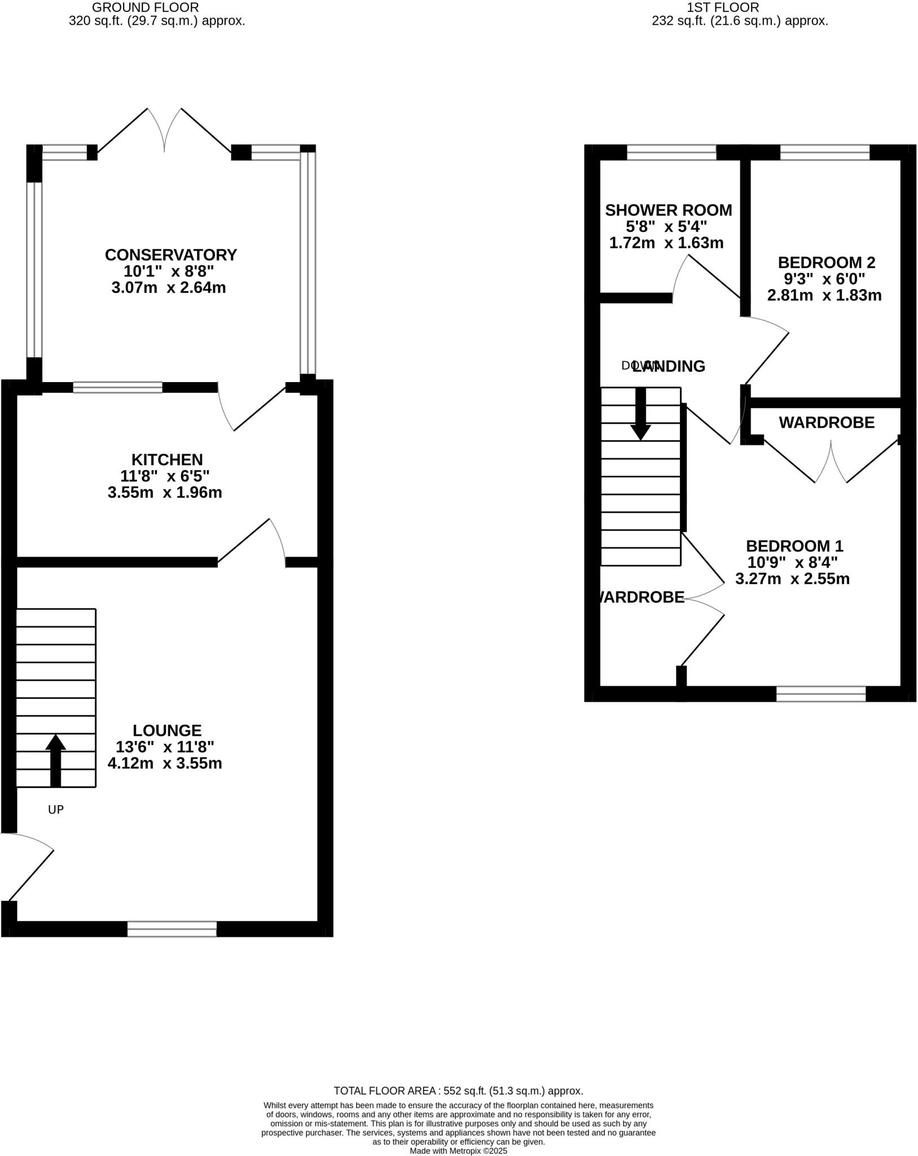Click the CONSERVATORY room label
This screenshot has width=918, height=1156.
tap(170, 255)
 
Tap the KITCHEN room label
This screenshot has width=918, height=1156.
tap(167, 459)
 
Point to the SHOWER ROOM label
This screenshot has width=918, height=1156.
tap(668, 211)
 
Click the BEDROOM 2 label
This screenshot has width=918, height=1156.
tap(826, 262)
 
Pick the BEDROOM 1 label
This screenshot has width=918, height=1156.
tap(794, 546)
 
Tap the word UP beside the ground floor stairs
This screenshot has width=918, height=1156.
tap(56, 810)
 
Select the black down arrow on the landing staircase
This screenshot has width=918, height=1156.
tap(640, 414)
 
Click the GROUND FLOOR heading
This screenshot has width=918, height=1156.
tap(145, 7)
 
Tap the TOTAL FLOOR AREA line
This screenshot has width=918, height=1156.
tap(458, 1091)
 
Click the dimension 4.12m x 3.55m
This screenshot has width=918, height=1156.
tap(165, 764)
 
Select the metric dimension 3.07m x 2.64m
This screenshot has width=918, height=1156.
tap(169, 288)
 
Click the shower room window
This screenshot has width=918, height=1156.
tap(671, 152)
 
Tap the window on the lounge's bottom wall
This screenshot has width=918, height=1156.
tap(172, 929)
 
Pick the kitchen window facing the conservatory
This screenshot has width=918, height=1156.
tap(118, 387)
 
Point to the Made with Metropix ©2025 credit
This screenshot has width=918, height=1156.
tap(458, 1151)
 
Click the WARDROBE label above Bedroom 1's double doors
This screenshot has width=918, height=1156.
tap(827, 422)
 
